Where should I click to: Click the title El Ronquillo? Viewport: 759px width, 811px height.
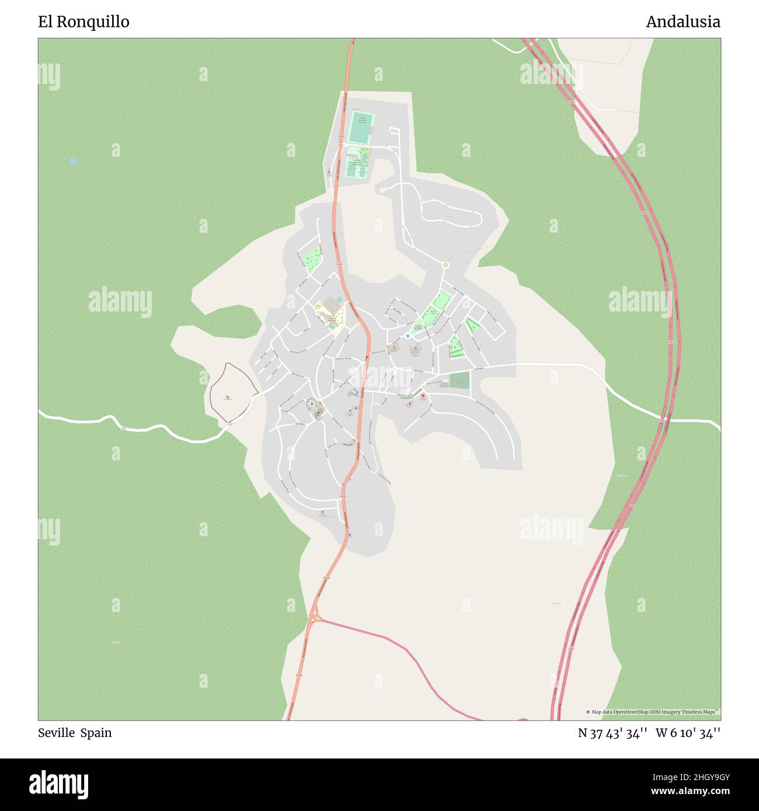click(x=83, y=22)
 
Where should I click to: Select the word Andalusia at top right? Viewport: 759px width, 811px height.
click(x=683, y=22)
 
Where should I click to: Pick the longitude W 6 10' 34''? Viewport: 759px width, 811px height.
click(x=688, y=733)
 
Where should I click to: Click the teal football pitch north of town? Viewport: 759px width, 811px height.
click(x=360, y=127)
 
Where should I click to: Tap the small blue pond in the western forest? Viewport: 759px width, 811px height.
click(x=74, y=160)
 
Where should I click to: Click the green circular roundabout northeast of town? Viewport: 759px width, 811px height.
click(x=445, y=265)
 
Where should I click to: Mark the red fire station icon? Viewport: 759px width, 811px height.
click(x=422, y=396)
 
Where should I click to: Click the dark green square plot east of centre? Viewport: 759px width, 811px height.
click(x=459, y=380)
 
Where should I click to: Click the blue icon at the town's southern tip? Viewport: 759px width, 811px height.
click(x=350, y=534)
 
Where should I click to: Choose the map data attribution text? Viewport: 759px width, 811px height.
click(x=653, y=712)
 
